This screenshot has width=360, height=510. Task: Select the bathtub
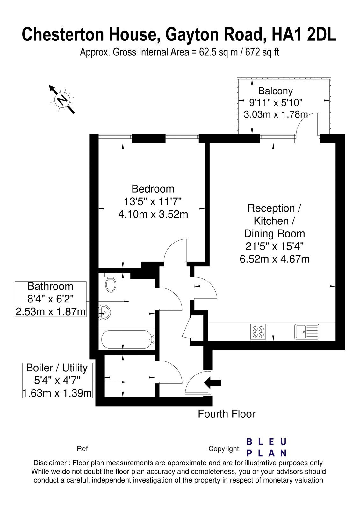coord(128,339)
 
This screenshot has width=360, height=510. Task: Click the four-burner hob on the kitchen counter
coord(258,332)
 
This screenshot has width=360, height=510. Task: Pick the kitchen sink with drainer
coord(307,332)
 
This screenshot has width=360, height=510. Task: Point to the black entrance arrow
coord(212,382)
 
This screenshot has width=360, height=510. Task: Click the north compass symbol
coord(62,99)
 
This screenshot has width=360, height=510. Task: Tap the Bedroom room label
coord(153,189)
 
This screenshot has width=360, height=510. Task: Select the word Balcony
coord(275,91)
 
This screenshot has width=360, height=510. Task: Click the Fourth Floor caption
coord(227,414)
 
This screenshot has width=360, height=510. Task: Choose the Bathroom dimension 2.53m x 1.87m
coord(51,312)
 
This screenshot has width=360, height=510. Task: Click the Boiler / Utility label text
coord(57,368)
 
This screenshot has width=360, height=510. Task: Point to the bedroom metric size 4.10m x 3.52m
coord(153,214)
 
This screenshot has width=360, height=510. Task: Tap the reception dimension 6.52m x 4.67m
coord(274,259)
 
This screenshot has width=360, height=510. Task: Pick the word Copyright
coord(224,449)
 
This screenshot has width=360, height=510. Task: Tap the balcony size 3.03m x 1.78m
coord(276,114)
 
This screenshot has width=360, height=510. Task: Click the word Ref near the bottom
coord(83,449)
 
